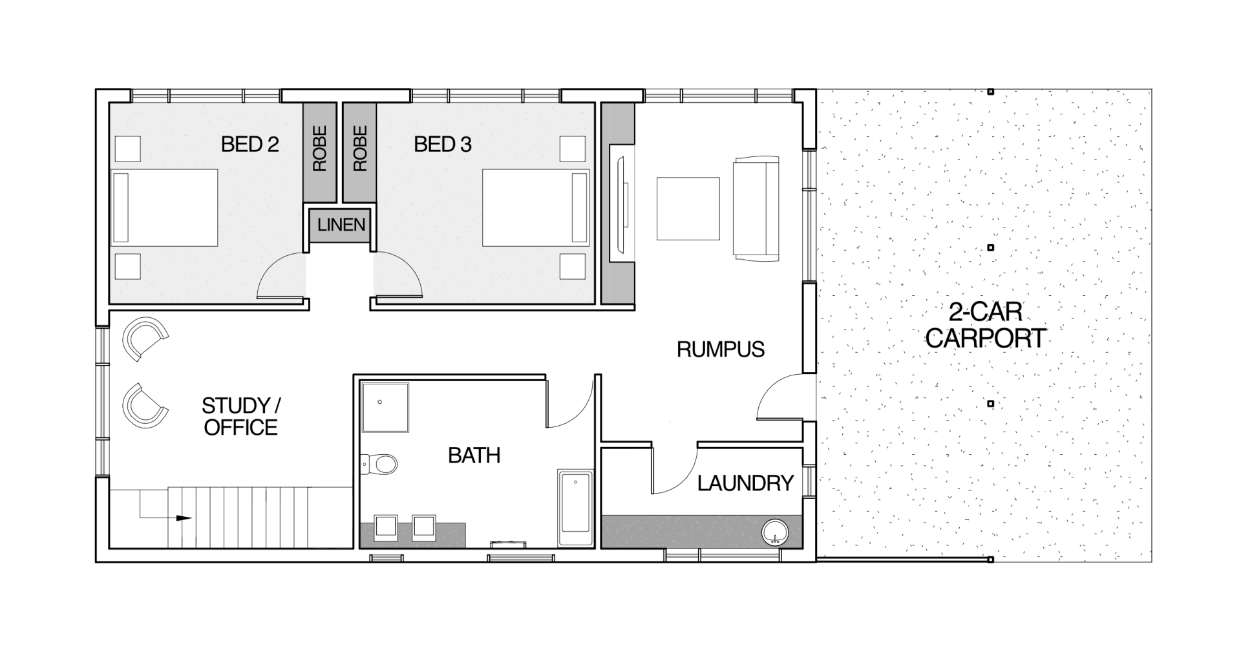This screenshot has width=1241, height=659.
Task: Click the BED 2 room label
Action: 249,144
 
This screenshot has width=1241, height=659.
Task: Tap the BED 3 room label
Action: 443,144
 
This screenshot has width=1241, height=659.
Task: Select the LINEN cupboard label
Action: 341,225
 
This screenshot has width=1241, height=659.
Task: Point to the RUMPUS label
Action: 721,350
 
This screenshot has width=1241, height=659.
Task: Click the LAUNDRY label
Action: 745,483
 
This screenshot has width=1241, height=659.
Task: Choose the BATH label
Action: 474,455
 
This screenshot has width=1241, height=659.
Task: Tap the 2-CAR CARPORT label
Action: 986,326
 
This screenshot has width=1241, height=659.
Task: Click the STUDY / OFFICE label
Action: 240,417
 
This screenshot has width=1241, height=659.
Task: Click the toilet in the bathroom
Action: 379,463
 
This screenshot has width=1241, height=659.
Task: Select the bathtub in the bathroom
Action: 575,510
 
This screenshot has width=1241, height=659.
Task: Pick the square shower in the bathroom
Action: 385,407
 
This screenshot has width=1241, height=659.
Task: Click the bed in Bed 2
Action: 165,208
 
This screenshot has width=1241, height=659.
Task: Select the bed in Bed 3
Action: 536,208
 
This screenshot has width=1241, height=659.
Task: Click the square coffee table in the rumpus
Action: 688,209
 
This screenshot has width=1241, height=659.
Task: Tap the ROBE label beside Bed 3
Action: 360,149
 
